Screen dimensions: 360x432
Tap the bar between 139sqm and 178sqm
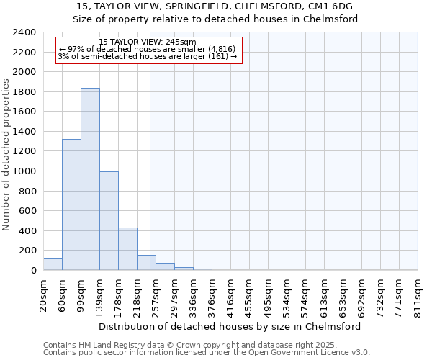109,220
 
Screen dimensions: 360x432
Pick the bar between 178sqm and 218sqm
127,248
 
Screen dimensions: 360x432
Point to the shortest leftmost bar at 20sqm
53,264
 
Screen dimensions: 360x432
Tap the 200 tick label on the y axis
28,251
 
